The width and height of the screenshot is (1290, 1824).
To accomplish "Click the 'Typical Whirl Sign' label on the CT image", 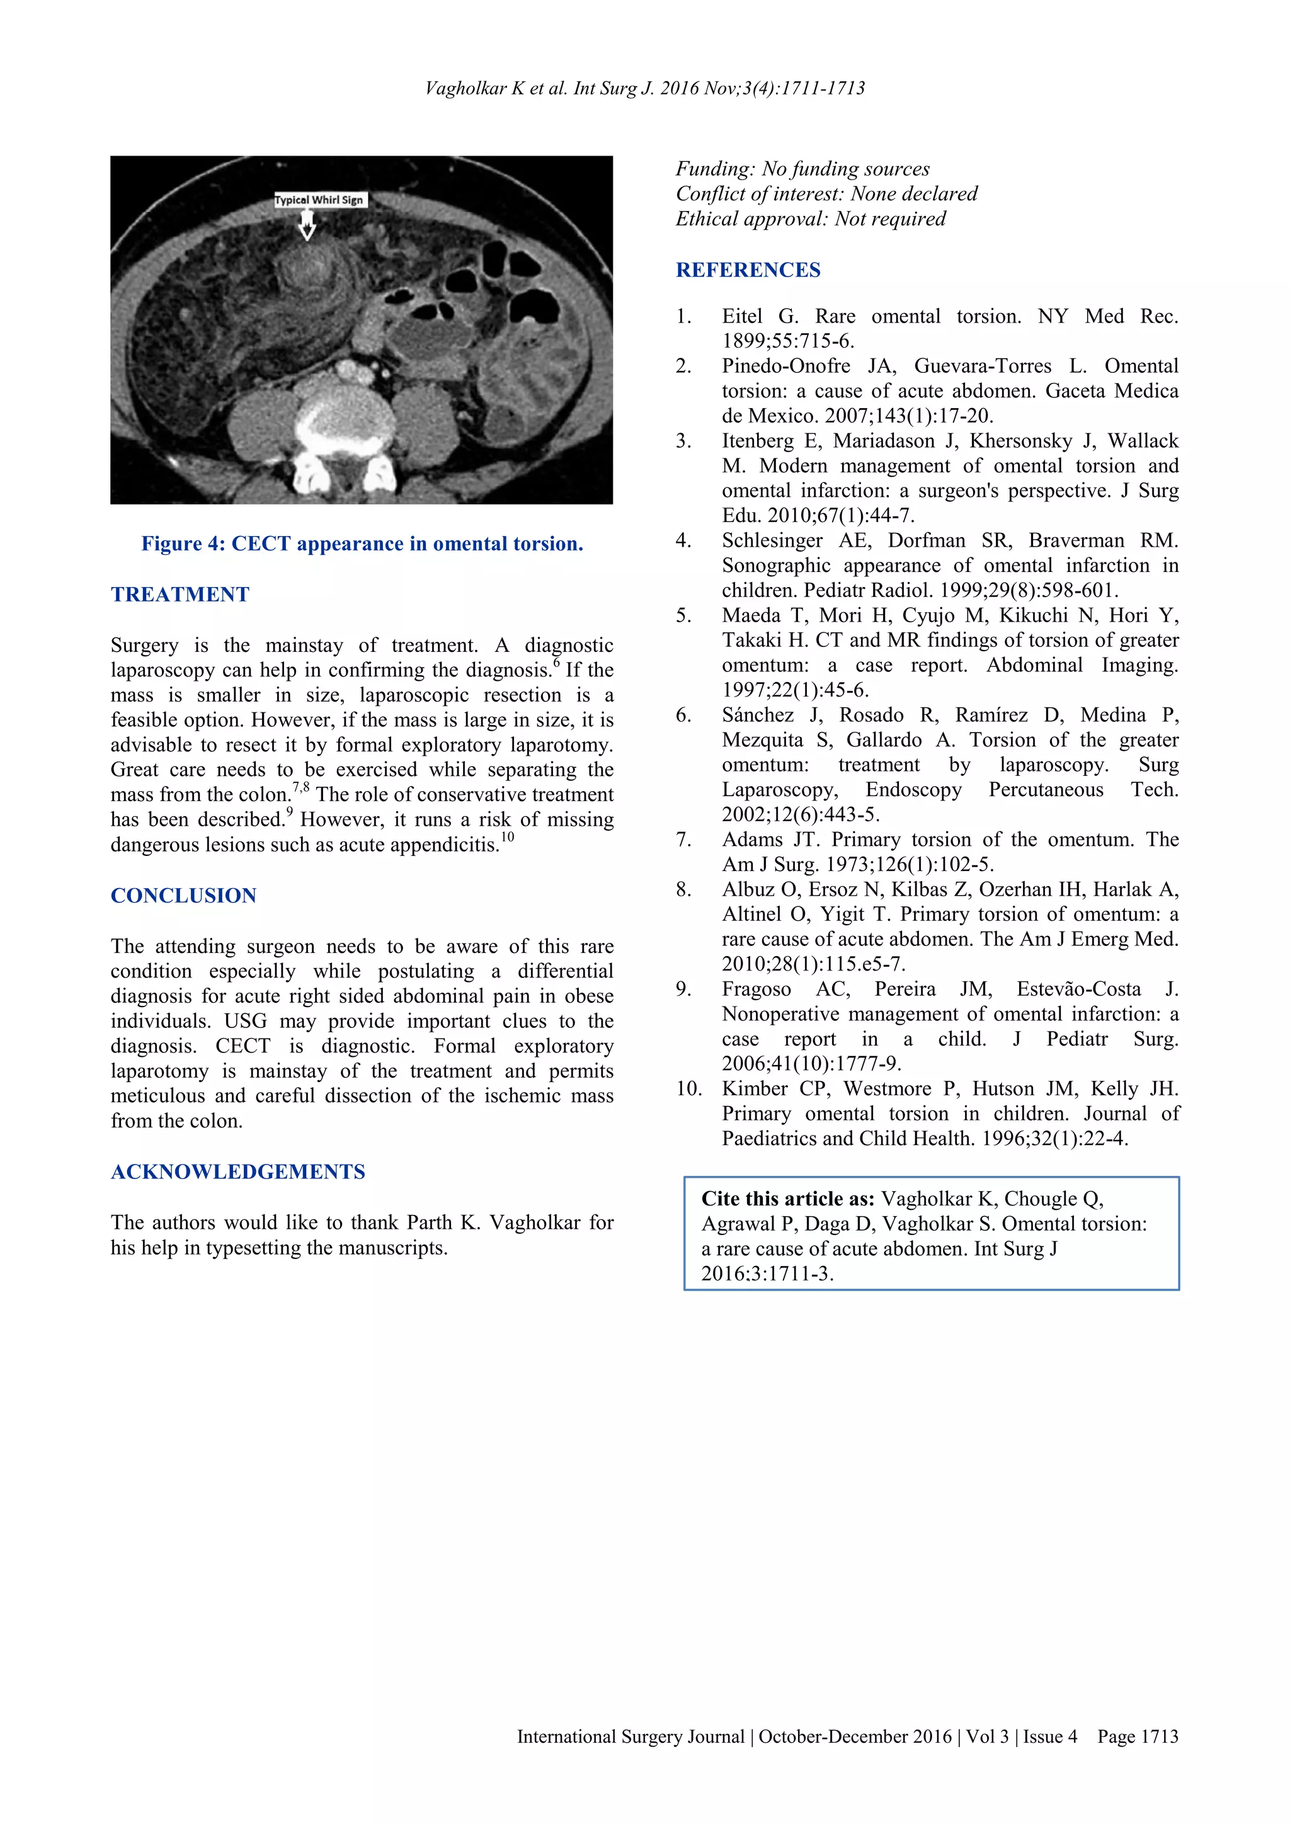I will (319, 200).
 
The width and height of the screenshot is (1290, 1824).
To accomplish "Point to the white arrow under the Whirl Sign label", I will (307, 227).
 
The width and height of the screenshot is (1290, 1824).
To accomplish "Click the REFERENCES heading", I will (748, 270).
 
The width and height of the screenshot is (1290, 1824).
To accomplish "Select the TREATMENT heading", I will (180, 594).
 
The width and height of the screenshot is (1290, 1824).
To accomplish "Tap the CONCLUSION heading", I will (183, 896).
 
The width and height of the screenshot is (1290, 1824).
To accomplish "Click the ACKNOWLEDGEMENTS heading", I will (237, 1171).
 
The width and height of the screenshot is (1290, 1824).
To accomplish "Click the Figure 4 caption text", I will (362, 544).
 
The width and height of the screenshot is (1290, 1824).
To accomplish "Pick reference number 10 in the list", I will (688, 1088).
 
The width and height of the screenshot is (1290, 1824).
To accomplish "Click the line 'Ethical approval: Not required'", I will (810, 219).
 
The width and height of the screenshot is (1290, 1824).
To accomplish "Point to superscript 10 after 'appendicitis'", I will (508, 836).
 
